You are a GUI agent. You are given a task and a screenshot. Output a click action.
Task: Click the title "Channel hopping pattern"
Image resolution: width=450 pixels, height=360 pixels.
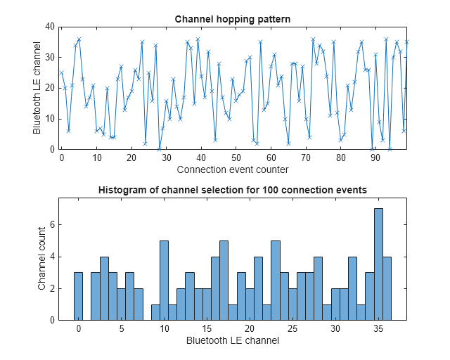(232, 18)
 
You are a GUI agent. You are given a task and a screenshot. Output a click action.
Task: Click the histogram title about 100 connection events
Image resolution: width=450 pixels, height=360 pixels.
(232, 190)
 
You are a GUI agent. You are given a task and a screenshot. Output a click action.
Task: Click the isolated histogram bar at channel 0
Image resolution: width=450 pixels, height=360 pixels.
(78, 296)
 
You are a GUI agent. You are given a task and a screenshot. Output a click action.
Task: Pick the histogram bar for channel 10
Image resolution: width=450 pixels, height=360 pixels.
(164, 281)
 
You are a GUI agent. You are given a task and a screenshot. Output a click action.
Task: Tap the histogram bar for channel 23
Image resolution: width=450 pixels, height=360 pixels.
(276, 281)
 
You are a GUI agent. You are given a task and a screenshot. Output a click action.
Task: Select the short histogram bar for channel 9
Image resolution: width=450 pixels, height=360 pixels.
(155, 312)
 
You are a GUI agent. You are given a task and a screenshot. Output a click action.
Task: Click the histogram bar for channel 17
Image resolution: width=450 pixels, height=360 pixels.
(224, 281)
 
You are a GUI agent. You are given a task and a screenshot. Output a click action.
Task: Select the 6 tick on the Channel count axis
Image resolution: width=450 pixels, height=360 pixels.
(53, 225)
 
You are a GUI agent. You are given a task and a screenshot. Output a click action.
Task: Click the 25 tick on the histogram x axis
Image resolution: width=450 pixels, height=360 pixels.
(292, 329)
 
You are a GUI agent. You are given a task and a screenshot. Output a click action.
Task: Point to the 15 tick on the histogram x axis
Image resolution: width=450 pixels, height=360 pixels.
(207, 329)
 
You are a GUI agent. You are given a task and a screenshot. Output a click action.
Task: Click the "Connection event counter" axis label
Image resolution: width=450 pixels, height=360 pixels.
(232, 169)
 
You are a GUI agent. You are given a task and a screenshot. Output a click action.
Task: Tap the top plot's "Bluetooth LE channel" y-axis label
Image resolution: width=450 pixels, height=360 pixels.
(37, 88)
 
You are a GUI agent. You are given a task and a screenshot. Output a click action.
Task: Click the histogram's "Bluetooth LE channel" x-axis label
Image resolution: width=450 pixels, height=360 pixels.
(232, 340)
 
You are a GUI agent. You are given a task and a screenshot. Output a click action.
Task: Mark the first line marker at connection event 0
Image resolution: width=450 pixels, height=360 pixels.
(62, 72)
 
